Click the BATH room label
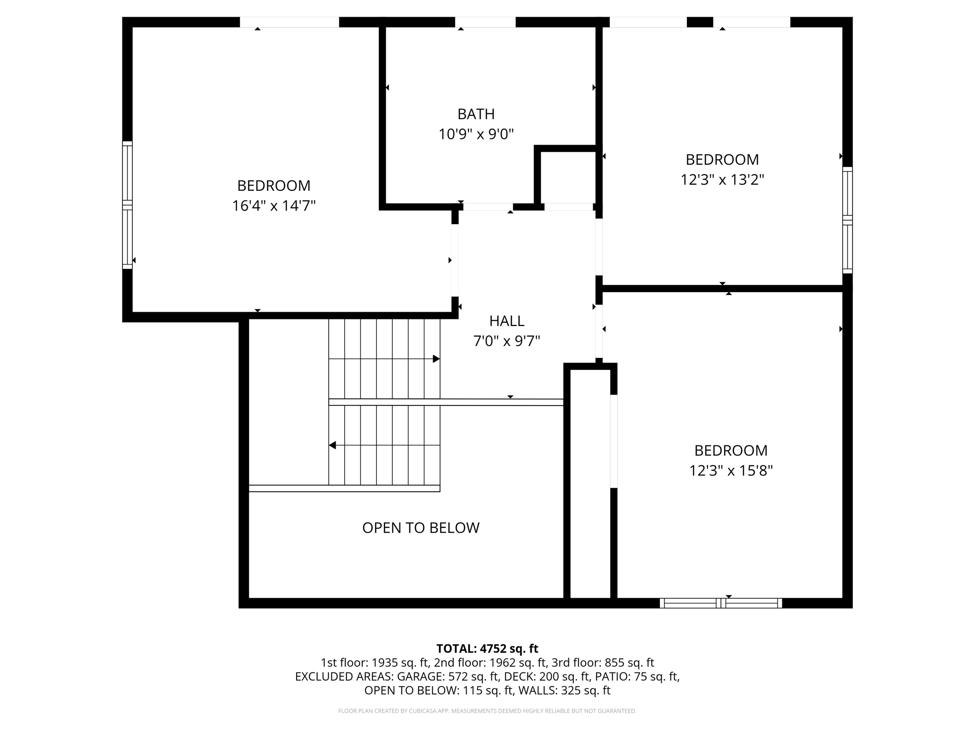pos(476,114)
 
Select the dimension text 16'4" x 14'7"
pos(274,206)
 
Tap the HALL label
pos(507,321)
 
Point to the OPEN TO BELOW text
pos(420,528)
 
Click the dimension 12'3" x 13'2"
pos(722,180)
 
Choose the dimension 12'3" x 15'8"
pos(731,471)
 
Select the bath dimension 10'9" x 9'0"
pos(476,135)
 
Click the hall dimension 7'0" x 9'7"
pos(507,341)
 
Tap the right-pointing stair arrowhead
pos(436,359)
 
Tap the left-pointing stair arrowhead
pos(333,445)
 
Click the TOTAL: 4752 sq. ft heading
pos(487,649)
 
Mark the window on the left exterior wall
pos(127,205)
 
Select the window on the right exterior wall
pos(847,220)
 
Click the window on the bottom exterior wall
pos(720,603)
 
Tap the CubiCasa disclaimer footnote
pos(487,711)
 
